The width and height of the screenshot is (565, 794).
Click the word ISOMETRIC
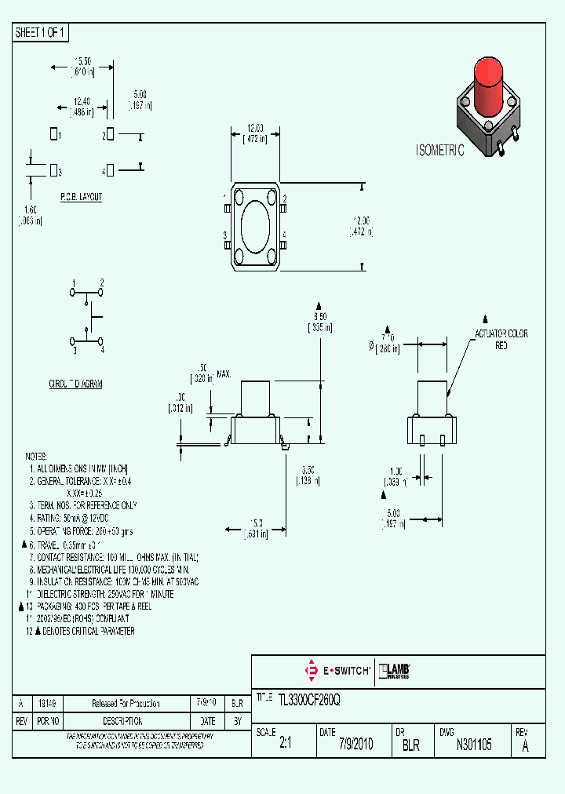[439, 151]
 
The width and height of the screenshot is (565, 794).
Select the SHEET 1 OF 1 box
[42, 33]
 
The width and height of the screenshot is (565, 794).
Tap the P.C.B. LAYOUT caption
[81, 197]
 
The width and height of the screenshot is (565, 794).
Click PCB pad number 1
[53, 135]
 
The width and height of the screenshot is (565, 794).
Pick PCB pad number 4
[110, 170]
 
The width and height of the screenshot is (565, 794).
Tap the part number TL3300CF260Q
[309, 698]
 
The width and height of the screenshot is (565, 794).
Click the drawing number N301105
[474, 745]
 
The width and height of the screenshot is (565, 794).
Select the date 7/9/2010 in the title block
[355, 745]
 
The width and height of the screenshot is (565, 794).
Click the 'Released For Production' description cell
[126, 704]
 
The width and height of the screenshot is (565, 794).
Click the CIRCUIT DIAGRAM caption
[75, 384]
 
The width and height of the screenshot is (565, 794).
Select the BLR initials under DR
[410, 745]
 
